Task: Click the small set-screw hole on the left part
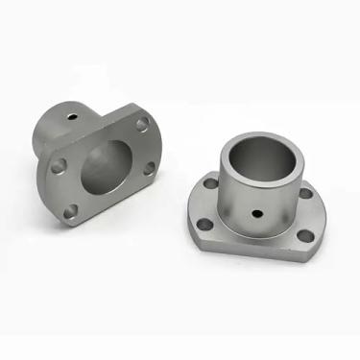point(71,118)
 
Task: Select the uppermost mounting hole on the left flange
point(141,125)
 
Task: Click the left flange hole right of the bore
point(150,170)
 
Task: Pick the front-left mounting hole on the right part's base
point(205,225)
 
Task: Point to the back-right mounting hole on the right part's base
point(305,193)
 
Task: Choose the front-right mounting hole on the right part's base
point(304,236)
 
